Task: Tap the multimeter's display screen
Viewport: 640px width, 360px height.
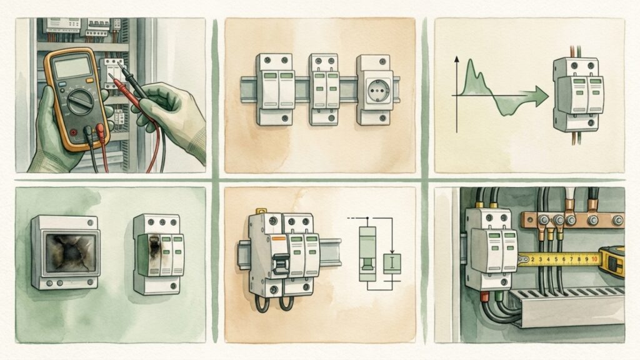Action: click(73, 67)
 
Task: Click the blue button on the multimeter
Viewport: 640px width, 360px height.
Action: click(62, 84)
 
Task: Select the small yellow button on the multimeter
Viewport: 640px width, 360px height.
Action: click(90, 81)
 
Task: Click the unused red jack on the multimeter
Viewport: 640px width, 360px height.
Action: click(74, 132)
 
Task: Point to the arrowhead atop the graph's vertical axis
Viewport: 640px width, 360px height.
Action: click(457, 59)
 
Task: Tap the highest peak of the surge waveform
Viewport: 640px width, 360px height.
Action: click(470, 61)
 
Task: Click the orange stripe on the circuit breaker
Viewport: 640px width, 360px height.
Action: click(279, 237)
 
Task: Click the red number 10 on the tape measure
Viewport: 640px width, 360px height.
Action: click(594, 259)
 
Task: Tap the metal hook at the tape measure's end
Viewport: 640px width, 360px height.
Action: click(522, 259)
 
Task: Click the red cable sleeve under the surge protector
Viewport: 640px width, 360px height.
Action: click(484, 297)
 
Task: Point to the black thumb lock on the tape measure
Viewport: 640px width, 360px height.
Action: click(612, 265)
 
